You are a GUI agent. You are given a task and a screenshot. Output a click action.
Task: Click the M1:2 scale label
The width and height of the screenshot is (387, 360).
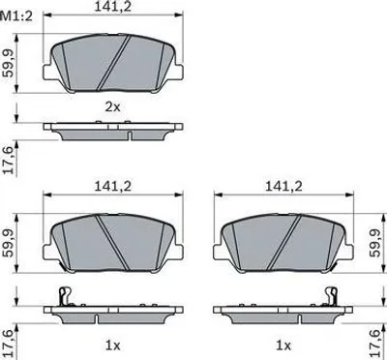[x=16, y=16]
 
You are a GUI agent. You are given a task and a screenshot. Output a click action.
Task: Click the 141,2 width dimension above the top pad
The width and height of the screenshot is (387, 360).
[x=113, y=7]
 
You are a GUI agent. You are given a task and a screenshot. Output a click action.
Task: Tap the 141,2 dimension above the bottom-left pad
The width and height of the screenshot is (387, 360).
[x=113, y=186]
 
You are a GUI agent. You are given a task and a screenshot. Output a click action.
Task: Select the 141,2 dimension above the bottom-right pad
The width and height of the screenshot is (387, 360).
[x=283, y=186]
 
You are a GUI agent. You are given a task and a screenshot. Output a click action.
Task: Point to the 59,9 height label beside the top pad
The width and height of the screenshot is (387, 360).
[x=8, y=64]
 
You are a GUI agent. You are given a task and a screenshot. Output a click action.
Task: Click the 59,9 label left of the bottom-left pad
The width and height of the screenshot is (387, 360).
[x=8, y=244]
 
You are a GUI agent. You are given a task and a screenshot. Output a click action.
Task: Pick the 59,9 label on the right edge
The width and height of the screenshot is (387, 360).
[x=375, y=244]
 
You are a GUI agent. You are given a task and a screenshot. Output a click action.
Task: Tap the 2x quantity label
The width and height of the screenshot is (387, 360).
[x=113, y=106]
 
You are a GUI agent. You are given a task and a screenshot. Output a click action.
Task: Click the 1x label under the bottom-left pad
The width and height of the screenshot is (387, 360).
[x=113, y=345]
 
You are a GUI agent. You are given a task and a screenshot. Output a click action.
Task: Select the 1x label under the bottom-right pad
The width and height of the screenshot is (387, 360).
[x=283, y=345]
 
